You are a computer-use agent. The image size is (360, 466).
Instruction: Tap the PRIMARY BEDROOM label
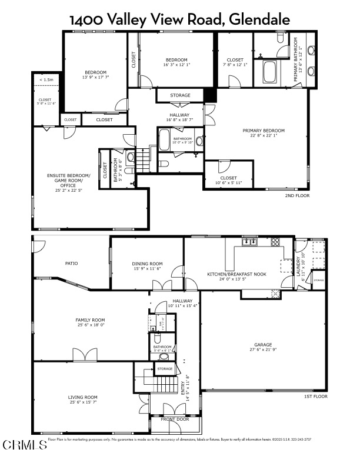pos(264,131)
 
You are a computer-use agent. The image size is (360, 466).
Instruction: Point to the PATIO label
pos(71,263)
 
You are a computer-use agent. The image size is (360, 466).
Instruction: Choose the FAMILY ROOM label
pos(90,319)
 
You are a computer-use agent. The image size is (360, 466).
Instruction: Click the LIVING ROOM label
pos(82,397)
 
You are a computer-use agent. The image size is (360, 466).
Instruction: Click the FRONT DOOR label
pos(175,420)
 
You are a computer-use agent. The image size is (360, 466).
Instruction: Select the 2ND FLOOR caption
pos(297,195)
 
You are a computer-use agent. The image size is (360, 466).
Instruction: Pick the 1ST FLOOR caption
pos(315,397)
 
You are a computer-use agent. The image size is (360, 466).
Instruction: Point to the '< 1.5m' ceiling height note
pos(46,79)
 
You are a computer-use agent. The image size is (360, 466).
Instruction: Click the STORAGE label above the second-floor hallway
pos(180,95)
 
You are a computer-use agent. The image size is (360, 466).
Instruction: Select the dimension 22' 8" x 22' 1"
pos(264,135)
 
